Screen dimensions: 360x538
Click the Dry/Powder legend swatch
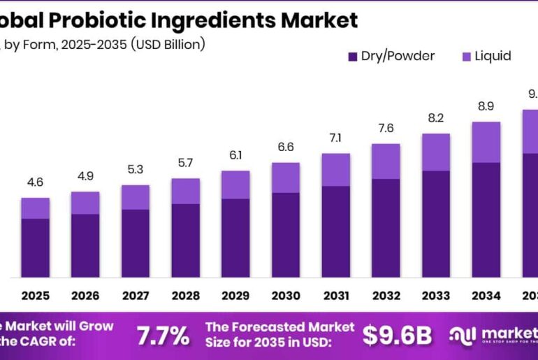pyautogui.click(x=352, y=56)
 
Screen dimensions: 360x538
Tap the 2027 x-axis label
pyautogui.click(x=135, y=296)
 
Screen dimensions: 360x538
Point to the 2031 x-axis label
pyautogui.click(x=335, y=296)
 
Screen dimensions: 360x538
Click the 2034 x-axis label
pyautogui.click(x=486, y=296)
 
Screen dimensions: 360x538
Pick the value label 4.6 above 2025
pyautogui.click(x=35, y=182)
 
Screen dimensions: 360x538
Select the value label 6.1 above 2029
pyautogui.click(x=235, y=155)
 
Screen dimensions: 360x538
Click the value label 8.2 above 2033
pyautogui.click(x=435, y=118)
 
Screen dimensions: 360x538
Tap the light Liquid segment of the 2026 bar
pyautogui.click(x=85, y=202)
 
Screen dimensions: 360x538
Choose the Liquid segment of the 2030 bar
pyautogui.click(x=285, y=177)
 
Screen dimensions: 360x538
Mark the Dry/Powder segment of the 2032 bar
pyautogui.click(x=386, y=227)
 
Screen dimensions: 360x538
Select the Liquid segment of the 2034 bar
pyautogui.click(x=486, y=142)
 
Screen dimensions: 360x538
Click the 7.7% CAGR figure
pyautogui.click(x=163, y=336)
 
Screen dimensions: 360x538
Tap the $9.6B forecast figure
pyautogui.click(x=397, y=336)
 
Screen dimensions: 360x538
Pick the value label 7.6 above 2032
pyautogui.click(x=386, y=128)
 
